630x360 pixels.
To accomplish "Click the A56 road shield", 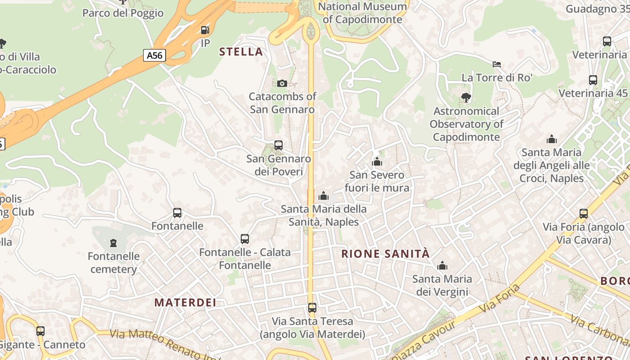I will [x=154, y=55].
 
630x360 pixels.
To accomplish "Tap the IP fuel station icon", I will [x=205, y=30].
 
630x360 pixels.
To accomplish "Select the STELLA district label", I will [x=241, y=52].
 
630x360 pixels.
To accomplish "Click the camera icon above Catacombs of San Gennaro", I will [x=282, y=83].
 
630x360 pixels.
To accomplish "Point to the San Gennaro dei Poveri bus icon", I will [x=279, y=145].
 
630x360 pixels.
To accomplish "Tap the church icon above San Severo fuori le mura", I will [x=377, y=162].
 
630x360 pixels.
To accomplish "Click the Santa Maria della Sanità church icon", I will [x=323, y=196].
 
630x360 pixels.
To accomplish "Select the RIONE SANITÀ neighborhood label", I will [x=385, y=254].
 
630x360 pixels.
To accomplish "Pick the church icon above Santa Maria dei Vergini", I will [x=442, y=265].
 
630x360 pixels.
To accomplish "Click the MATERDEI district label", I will [x=185, y=302].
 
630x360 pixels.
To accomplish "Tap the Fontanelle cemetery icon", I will [x=113, y=243].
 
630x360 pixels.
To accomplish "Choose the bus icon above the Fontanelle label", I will [x=177, y=213].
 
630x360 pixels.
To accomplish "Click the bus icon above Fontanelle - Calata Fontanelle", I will [x=245, y=239].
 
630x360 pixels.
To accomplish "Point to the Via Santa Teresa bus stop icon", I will [x=312, y=308].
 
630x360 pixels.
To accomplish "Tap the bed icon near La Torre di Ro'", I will [x=497, y=64].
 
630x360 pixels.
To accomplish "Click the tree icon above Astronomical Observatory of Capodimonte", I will [x=466, y=97].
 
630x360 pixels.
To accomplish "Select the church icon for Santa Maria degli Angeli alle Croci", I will [x=551, y=139].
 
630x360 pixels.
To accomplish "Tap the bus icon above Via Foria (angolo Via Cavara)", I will [x=584, y=214].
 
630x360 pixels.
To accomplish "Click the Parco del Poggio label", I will [x=123, y=13].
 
